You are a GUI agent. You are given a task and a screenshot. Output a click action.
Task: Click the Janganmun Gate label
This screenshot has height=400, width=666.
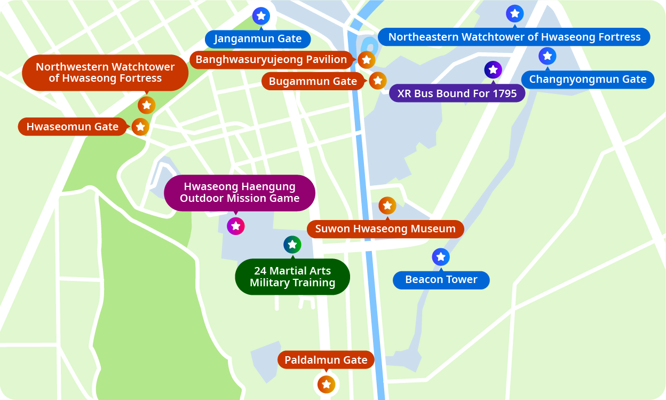coord(258,39)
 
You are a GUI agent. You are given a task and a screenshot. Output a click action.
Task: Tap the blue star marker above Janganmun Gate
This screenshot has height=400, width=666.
coord(261,16)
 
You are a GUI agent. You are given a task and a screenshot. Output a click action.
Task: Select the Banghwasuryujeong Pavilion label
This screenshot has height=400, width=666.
coord(271,60)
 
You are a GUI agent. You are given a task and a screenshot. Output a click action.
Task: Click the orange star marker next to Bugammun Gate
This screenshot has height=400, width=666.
coord(377,81)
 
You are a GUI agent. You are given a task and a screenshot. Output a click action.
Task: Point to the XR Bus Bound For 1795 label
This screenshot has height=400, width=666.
coord(457,93)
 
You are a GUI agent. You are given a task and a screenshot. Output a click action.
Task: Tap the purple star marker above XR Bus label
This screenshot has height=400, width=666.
coord(493,69)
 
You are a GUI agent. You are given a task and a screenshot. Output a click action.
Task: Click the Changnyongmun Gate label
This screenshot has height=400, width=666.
coord(588,80)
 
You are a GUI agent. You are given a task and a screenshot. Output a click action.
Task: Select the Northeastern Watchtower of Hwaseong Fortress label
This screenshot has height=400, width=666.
coord(514,37)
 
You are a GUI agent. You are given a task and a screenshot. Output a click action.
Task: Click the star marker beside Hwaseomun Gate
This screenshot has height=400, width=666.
coord(140,127)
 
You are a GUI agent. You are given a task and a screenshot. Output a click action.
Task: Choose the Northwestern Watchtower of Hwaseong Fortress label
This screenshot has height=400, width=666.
coord(105,73)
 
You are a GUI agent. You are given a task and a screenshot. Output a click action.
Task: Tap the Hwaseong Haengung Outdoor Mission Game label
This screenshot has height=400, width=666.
coord(240,192)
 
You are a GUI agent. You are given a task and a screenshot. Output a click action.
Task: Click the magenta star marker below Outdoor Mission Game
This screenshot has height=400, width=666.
coord(235,226)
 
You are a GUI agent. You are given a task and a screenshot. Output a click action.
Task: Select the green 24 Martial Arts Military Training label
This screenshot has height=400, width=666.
coord(292,277)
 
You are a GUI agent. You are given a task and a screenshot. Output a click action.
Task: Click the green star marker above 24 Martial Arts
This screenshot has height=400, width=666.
coord(292,245)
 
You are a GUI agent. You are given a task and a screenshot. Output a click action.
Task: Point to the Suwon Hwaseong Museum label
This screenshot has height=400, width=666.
coord(385,229)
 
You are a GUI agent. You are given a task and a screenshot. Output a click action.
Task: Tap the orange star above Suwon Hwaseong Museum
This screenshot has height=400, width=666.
coord(387,205)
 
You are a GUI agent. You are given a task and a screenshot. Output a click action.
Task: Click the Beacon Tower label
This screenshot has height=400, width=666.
coord(441,280)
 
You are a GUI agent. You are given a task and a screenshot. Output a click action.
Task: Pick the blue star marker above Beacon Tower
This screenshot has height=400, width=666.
coord(440,257)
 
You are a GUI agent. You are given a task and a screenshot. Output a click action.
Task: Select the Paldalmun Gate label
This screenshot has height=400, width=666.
coord(326,360)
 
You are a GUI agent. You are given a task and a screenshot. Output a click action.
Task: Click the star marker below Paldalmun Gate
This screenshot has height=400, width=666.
coord(326,384)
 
